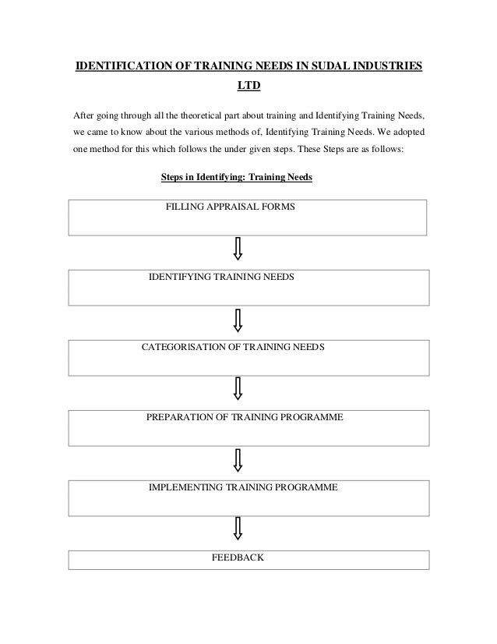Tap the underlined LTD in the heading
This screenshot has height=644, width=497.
[248, 89]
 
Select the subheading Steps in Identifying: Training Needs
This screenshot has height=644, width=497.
[236, 178]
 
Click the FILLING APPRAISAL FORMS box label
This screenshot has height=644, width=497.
[231, 207]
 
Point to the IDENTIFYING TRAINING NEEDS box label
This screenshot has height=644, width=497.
[221, 277]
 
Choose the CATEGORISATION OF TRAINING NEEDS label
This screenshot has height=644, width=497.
[233, 347]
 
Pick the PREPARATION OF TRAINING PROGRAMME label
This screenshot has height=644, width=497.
[245, 417]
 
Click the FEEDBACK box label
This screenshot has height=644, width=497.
[238, 557]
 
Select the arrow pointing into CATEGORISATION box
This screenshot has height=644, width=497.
[238, 320]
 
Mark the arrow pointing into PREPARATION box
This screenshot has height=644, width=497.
[238, 389]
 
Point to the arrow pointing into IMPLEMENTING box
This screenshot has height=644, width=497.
[238, 459]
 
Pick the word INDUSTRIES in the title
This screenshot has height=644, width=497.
[386, 65]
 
